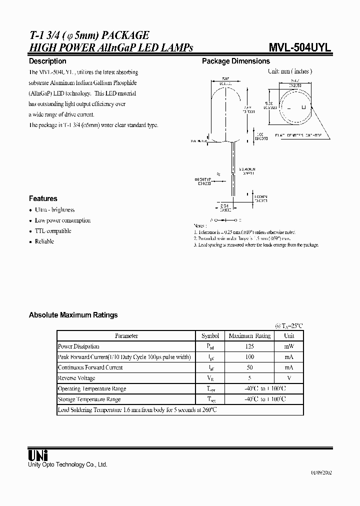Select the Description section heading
coord(47,61)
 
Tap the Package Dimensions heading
coord(235,61)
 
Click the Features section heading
coord(43,198)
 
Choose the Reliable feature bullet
coord(44,241)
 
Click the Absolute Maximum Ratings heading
coord(73,315)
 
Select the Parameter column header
coord(126,336)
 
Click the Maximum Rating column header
coord(249,336)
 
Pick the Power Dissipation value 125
coord(249,346)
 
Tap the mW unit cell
coord(289,346)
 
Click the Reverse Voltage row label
coord(76,378)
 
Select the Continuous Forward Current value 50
coord(249,367)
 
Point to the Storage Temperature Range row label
coord(89,399)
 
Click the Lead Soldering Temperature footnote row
coord(137,410)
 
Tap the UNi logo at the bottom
coord(38,455)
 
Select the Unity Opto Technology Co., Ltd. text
coord(67,464)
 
